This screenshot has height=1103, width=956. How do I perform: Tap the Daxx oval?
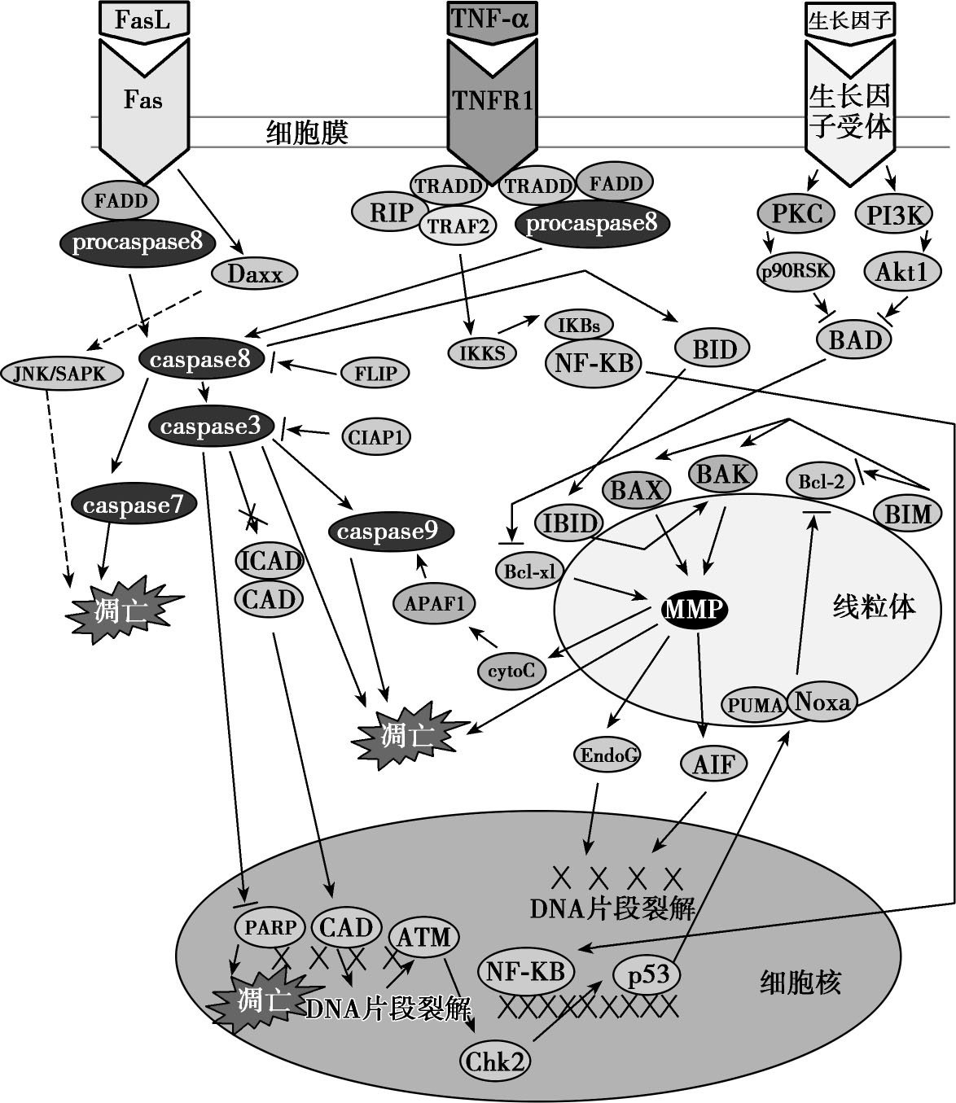[x=254, y=274]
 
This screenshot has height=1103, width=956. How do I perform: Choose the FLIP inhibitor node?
[x=375, y=374]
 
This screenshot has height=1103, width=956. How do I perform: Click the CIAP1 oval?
[x=375, y=437]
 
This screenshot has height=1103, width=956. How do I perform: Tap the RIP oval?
[x=392, y=212]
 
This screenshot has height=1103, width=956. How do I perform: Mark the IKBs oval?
[x=578, y=326]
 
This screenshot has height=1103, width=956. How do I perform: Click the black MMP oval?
[x=693, y=608]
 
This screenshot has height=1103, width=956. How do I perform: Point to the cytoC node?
[x=511, y=670]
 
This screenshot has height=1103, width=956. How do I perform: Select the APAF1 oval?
[x=433, y=603]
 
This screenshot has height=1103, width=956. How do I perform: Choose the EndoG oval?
[x=607, y=755]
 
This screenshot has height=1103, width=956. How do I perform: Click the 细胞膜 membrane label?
[x=307, y=133]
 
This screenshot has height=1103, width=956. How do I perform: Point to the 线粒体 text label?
[x=874, y=606]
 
